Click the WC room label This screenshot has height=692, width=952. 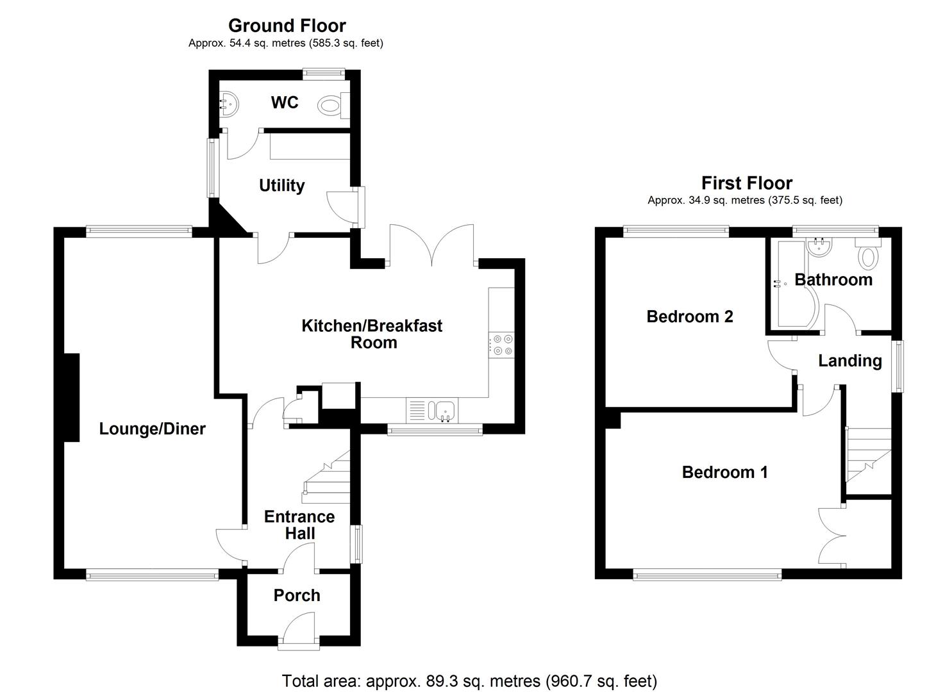[x=285, y=103]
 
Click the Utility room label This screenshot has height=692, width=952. [x=281, y=186]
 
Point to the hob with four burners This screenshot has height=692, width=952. [x=501, y=344]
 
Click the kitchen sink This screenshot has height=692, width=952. [x=442, y=410]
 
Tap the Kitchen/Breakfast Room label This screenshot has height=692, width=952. [x=372, y=334]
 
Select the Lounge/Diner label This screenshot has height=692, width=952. [x=152, y=429]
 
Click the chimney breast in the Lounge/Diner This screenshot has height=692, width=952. [x=71, y=397]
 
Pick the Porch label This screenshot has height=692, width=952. [x=297, y=595]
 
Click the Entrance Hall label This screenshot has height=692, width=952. [x=299, y=525]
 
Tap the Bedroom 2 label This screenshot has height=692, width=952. [x=690, y=317]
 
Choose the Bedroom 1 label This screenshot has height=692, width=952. [x=724, y=472]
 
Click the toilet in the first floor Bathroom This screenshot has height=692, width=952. [x=869, y=256]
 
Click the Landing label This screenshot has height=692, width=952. [x=850, y=361]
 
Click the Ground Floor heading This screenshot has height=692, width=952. [x=287, y=26]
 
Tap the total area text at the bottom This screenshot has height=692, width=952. [x=469, y=680]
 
